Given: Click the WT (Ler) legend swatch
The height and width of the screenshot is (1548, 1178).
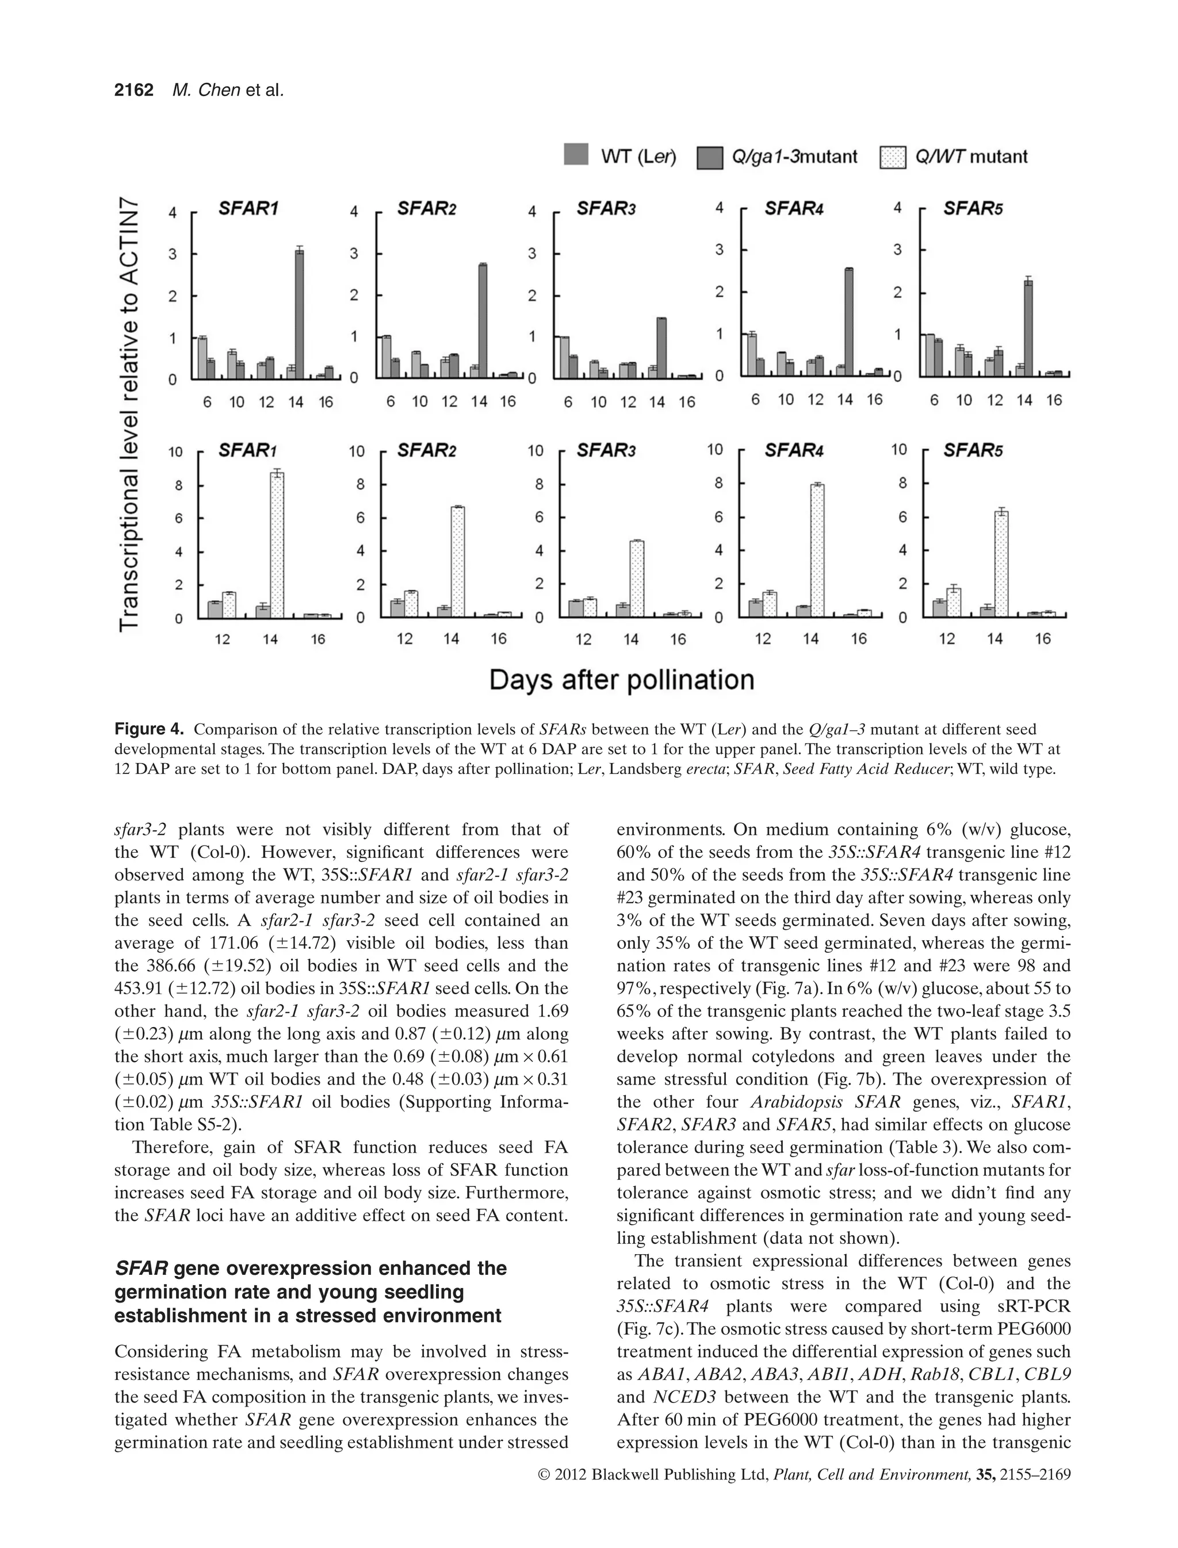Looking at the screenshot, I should pos(576,154).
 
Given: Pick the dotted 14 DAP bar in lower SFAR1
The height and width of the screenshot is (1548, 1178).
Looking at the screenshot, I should pos(277,545).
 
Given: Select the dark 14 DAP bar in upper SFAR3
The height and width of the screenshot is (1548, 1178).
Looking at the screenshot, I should pos(661,348).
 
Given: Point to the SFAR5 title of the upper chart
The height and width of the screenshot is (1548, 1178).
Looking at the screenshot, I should pos(973,208).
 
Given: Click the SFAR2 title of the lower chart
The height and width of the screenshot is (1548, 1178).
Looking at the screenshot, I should pos(426,451).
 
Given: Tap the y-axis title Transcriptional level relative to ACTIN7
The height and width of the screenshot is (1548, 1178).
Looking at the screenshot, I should pos(130,413).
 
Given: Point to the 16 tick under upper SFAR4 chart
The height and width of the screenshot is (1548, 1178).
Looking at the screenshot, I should pos(874,400).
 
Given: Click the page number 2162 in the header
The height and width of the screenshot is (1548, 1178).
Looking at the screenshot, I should pos(134,90).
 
